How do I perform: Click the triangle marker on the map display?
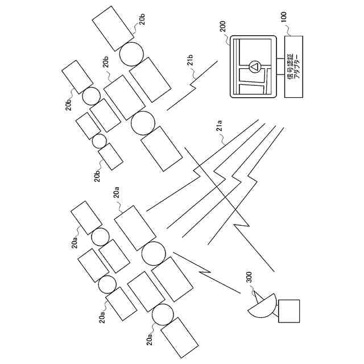[x=254, y=68]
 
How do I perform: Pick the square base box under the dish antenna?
[x=289, y=311]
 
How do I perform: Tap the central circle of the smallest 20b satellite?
[x=100, y=140]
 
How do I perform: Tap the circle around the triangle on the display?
[x=254, y=68]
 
